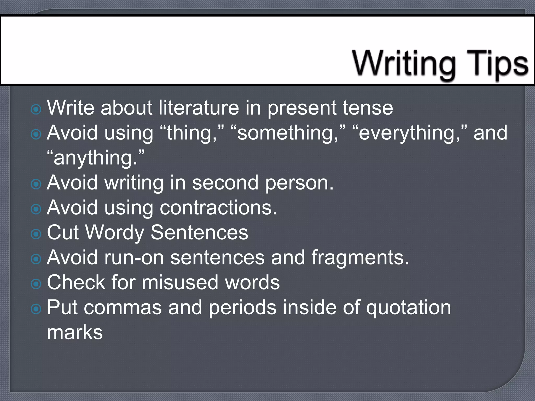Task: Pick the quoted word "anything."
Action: [x=96, y=158]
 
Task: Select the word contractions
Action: [x=218, y=208]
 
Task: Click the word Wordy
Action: [x=115, y=233]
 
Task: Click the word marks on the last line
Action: [x=75, y=332]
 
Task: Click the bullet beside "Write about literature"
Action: [x=36, y=109]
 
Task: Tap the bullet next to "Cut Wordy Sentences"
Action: [x=36, y=234]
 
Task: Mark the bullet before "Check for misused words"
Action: [x=36, y=284]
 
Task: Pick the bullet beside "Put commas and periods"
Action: [x=36, y=309]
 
